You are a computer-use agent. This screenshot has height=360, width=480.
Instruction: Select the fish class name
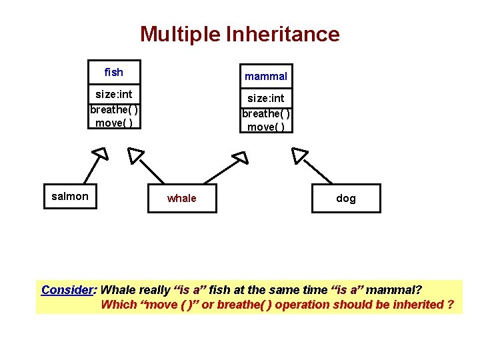click(x=114, y=72)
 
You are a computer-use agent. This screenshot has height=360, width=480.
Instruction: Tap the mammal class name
click(x=265, y=76)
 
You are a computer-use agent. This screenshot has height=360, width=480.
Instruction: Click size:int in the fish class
click(x=114, y=94)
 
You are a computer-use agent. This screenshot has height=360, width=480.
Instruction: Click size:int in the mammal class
click(x=265, y=98)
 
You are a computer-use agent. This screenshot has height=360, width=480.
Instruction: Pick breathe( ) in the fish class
click(x=114, y=109)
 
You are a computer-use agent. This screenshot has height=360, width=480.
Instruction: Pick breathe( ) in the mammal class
click(x=265, y=113)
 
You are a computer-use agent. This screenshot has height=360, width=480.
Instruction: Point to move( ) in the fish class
click(x=114, y=123)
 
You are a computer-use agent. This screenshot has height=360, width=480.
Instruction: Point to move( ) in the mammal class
click(x=265, y=127)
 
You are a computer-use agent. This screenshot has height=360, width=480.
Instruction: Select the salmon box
click(x=70, y=196)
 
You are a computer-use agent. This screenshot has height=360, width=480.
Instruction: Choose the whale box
click(x=182, y=198)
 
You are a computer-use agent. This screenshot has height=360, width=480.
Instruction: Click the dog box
click(x=346, y=198)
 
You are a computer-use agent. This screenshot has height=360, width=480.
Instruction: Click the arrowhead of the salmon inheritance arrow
click(x=100, y=155)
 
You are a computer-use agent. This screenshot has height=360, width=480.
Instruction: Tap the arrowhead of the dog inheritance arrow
click(x=299, y=155)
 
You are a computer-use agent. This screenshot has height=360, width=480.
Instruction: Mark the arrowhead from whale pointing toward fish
click(x=135, y=156)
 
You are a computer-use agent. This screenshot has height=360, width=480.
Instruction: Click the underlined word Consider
click(x=67, y=290)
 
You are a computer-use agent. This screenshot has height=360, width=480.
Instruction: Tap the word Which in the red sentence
click(x=116, y=305)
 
